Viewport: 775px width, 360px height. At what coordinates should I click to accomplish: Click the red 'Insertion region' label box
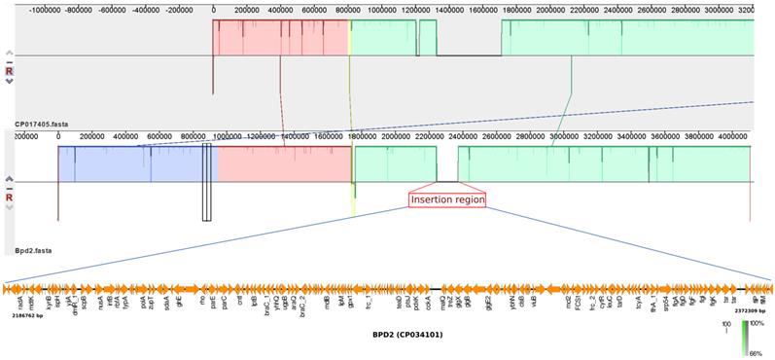446,199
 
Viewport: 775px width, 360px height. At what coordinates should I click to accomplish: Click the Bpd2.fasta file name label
33,250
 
